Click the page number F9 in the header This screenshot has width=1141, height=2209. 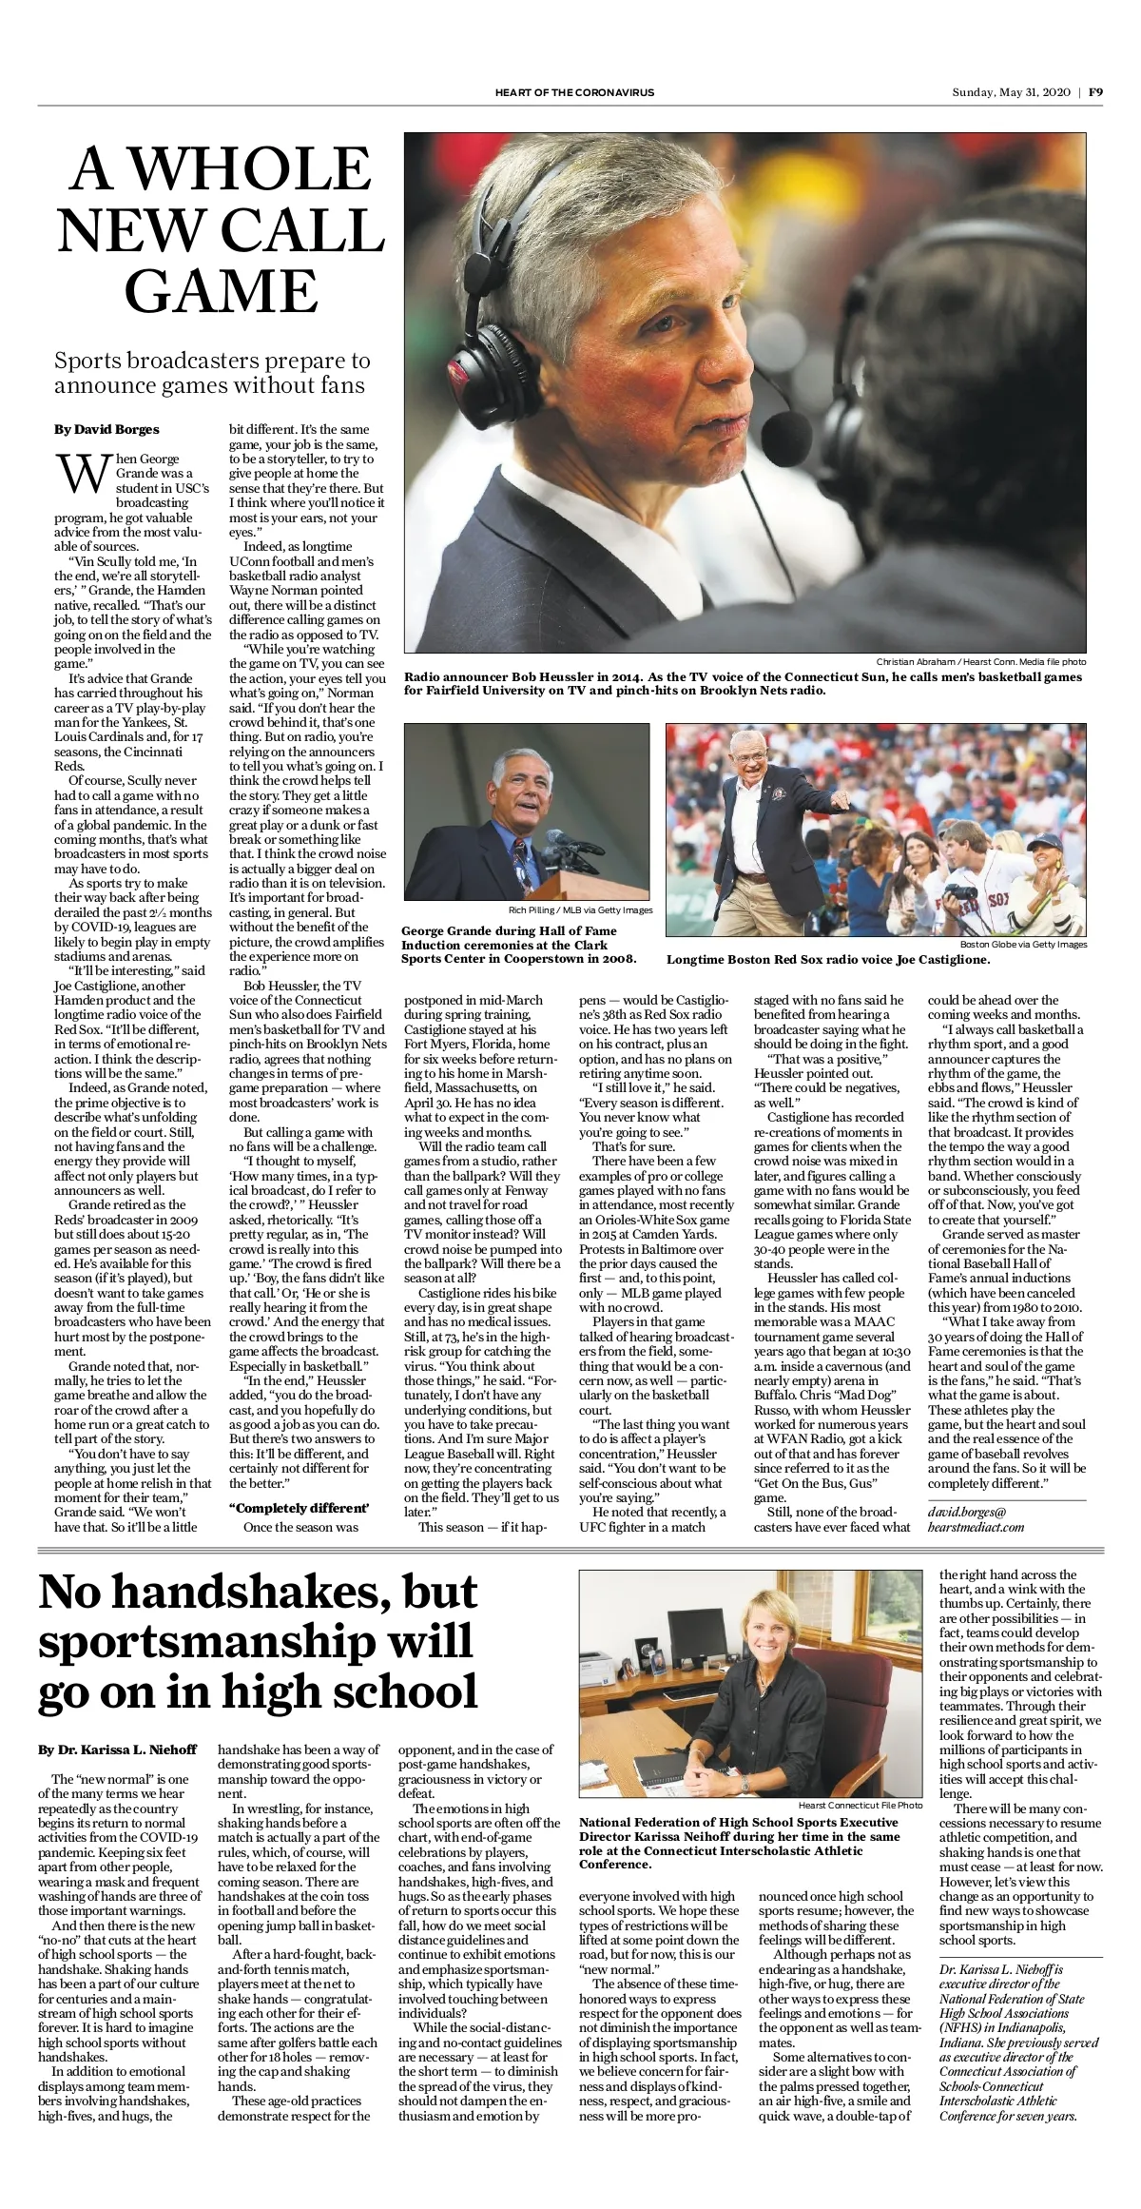click(1095, 92)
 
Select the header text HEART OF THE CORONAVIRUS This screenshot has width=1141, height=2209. click(574, 92)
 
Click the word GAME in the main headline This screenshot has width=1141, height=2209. click(221, 291)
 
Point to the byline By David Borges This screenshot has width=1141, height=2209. click(106, 429)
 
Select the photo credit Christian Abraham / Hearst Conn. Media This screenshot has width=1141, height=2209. click(980, 661)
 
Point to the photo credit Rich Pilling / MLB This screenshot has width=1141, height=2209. click(580, 910)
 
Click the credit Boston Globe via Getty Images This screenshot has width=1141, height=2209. click(1022, 944)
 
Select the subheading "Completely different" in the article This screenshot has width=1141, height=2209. click(299, 1508)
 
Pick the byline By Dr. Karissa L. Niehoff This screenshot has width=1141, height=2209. click(117, 1750)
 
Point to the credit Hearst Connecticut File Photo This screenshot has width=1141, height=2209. click(860, 1805)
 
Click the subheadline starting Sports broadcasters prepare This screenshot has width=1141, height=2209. click(212, 373)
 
